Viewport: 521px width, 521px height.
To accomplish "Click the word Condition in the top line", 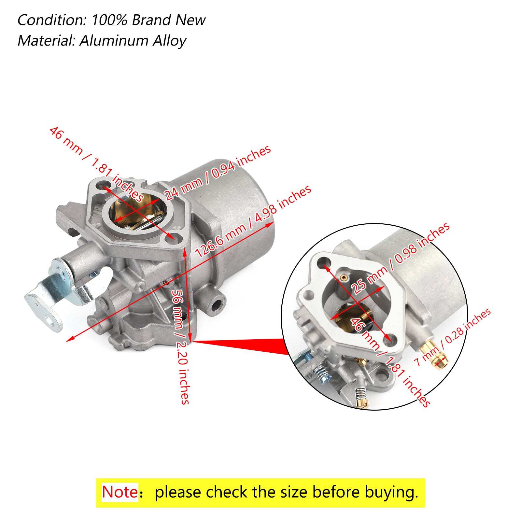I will [51, 20].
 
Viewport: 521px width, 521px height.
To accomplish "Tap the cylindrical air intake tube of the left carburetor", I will [234, 202].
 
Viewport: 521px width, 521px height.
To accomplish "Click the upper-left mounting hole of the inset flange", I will [324, 262].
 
